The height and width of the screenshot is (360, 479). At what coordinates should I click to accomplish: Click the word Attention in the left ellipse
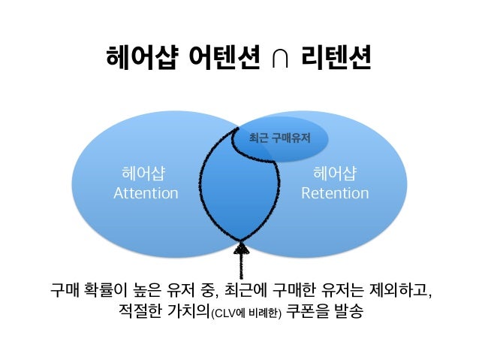point(146,194)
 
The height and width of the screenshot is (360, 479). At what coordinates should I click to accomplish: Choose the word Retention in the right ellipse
point(335,194)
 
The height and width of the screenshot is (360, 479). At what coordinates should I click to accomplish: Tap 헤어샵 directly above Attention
point(144,175)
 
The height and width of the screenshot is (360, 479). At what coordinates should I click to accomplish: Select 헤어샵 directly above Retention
point(335,175)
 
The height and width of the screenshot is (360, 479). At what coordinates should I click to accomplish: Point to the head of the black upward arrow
point(242,248)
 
